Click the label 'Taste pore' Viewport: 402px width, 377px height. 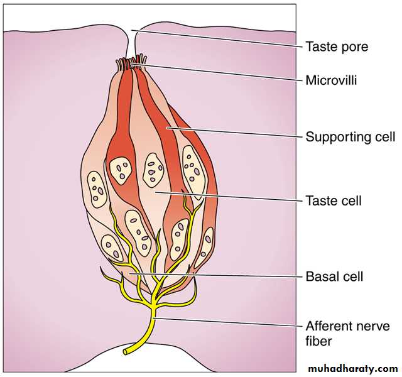point(337,46)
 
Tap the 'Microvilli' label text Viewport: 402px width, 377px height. point(331,80)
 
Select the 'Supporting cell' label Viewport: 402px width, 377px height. point(350,136)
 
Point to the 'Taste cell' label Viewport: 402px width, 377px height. point(333,202)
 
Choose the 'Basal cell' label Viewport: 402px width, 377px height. point(334,276)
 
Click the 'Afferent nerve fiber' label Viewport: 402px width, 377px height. point(347,334)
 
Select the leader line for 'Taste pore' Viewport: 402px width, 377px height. point(214,38)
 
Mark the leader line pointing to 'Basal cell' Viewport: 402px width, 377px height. point(214,275)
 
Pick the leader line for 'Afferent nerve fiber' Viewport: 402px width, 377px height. point(226,322)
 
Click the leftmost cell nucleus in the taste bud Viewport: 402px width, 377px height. point(97,190)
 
